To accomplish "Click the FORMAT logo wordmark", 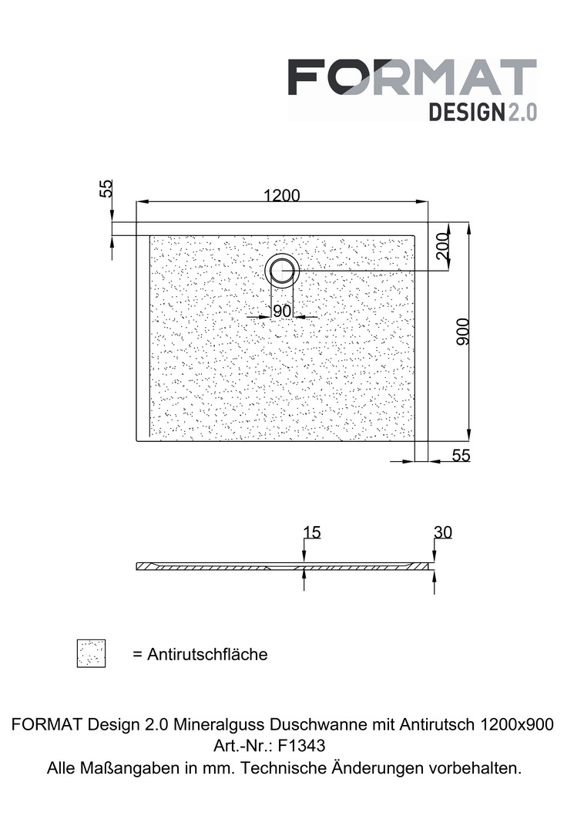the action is coord(412,77).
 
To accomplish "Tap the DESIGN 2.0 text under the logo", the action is coord(483,112).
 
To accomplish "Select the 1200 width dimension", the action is coord(282,195).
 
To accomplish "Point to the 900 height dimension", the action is coord(462,332).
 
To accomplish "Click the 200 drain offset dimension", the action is coord(441,245).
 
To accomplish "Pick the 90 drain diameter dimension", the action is coord(282,311).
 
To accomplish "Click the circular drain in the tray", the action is coord(282,271).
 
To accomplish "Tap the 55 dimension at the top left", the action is coord(106,189).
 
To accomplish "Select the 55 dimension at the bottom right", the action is coord(461,455).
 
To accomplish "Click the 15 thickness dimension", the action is coord(312,532).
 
